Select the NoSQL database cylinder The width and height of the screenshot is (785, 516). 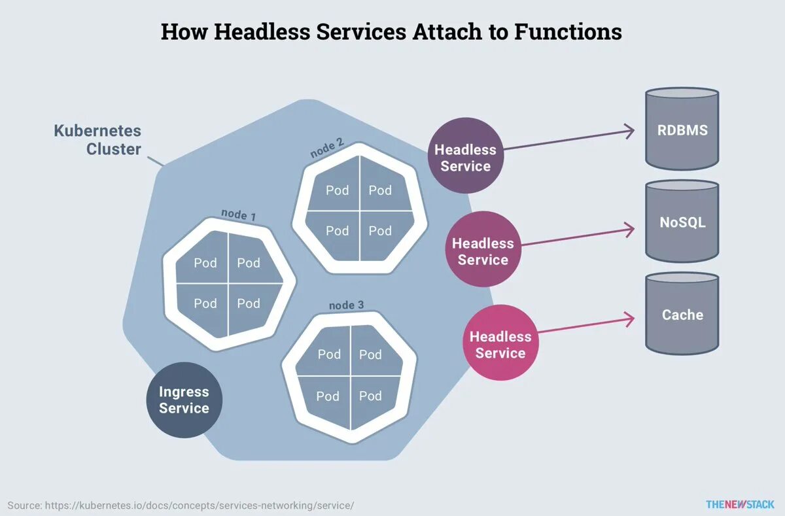pos(682,222)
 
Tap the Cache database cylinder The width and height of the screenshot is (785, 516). pos(682,315)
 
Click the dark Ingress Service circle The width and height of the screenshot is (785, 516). pos(184,400)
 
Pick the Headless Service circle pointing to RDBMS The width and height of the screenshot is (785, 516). pos(465,158)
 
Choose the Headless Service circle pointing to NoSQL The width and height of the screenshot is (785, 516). pos(483,251)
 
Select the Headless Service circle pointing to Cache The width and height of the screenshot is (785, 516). pos(500,345)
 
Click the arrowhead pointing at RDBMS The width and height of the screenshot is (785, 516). pos(630,131)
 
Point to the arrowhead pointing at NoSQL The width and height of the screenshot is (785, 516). pos(630,229)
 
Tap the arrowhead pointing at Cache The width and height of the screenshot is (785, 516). pos(630,319)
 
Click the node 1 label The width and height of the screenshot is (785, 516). pos(238,215)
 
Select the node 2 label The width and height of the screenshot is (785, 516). pos(327,150)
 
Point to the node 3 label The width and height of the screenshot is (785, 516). pos(346,305)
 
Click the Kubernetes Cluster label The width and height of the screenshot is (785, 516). pos(97,140)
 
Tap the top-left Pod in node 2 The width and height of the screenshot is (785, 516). pos(337,190)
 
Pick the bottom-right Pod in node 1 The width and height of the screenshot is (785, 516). pos(249,303)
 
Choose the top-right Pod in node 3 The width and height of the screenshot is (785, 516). pos(370,354)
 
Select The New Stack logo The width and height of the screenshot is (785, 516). pos(740,504)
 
